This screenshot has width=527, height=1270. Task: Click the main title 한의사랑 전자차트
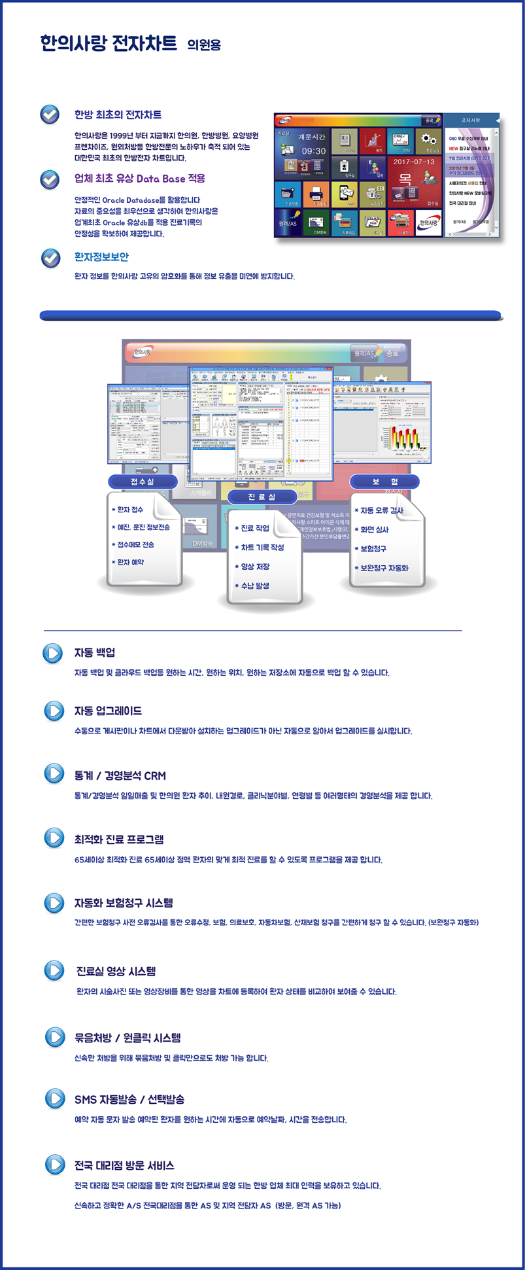[108, 44]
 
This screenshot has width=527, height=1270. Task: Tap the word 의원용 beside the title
[204, 45]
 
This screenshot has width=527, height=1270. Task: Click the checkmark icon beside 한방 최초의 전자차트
[50, 115]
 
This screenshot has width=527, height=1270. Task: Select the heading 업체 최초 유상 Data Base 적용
[140, 179]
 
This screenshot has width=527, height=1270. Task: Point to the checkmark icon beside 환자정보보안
[50, 258]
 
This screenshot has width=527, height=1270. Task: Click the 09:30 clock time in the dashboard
[313, 151]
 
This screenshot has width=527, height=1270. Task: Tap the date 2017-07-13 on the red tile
[413, 162]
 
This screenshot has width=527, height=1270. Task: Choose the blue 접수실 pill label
[143, 482]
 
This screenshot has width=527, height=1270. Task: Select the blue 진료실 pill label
[262, 497]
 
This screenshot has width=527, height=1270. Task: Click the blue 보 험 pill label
[384, 482]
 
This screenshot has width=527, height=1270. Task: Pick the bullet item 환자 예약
[130, 562]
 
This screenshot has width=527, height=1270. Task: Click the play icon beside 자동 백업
[53, 653]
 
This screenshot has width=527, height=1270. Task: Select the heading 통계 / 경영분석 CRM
[120, 775]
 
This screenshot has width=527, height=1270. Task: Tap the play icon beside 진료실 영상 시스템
[54, 970]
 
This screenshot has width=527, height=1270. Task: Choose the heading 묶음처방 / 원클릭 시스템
[127, 1038]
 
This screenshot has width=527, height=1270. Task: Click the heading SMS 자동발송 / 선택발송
[129, 1099]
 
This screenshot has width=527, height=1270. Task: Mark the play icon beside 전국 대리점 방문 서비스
[54, 1165]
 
